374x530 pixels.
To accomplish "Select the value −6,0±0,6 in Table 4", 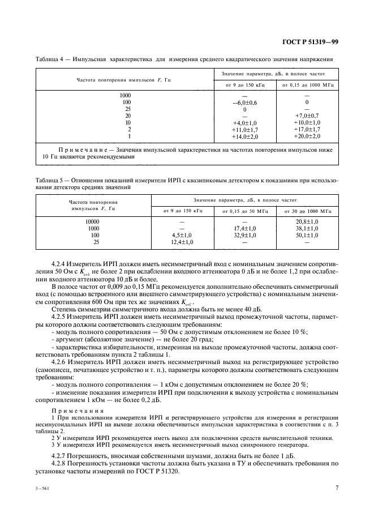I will pos(244,102).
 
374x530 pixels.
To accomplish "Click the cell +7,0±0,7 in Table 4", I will pos(307,116).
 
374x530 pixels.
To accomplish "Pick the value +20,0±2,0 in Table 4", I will pos(307,136).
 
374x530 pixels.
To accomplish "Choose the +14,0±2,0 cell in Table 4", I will pos(244,136).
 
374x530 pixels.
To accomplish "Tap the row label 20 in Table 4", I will pos(128,116).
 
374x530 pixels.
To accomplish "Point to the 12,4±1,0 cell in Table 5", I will pos(182,242).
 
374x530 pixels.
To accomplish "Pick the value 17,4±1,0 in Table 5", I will pos(244,228).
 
